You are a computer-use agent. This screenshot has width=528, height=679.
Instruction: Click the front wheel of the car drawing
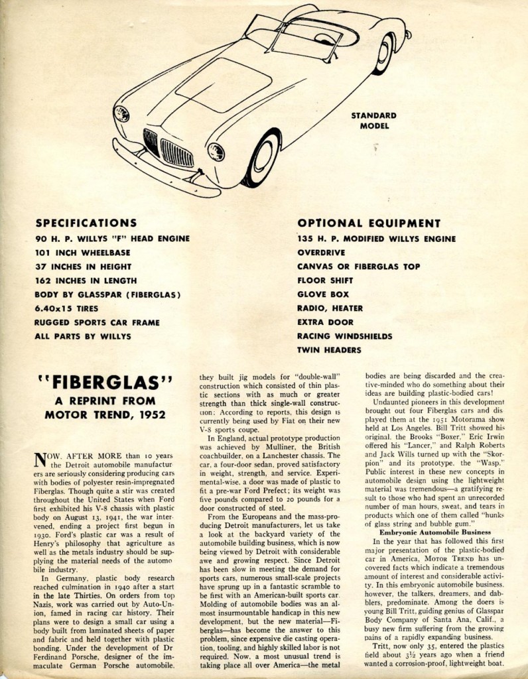click(x=263, y=158)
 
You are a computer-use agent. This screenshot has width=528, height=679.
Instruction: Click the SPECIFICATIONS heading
click(x=86, y=223)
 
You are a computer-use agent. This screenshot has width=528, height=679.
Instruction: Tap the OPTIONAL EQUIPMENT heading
click(x=369, y=223)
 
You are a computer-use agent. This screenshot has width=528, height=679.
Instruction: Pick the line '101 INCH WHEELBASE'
click(x=82, y=252)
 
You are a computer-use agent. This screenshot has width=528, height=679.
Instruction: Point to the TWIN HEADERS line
click(x=330, y=349)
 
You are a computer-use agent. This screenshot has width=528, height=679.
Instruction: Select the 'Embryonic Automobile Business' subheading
click(x=434, y=532)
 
